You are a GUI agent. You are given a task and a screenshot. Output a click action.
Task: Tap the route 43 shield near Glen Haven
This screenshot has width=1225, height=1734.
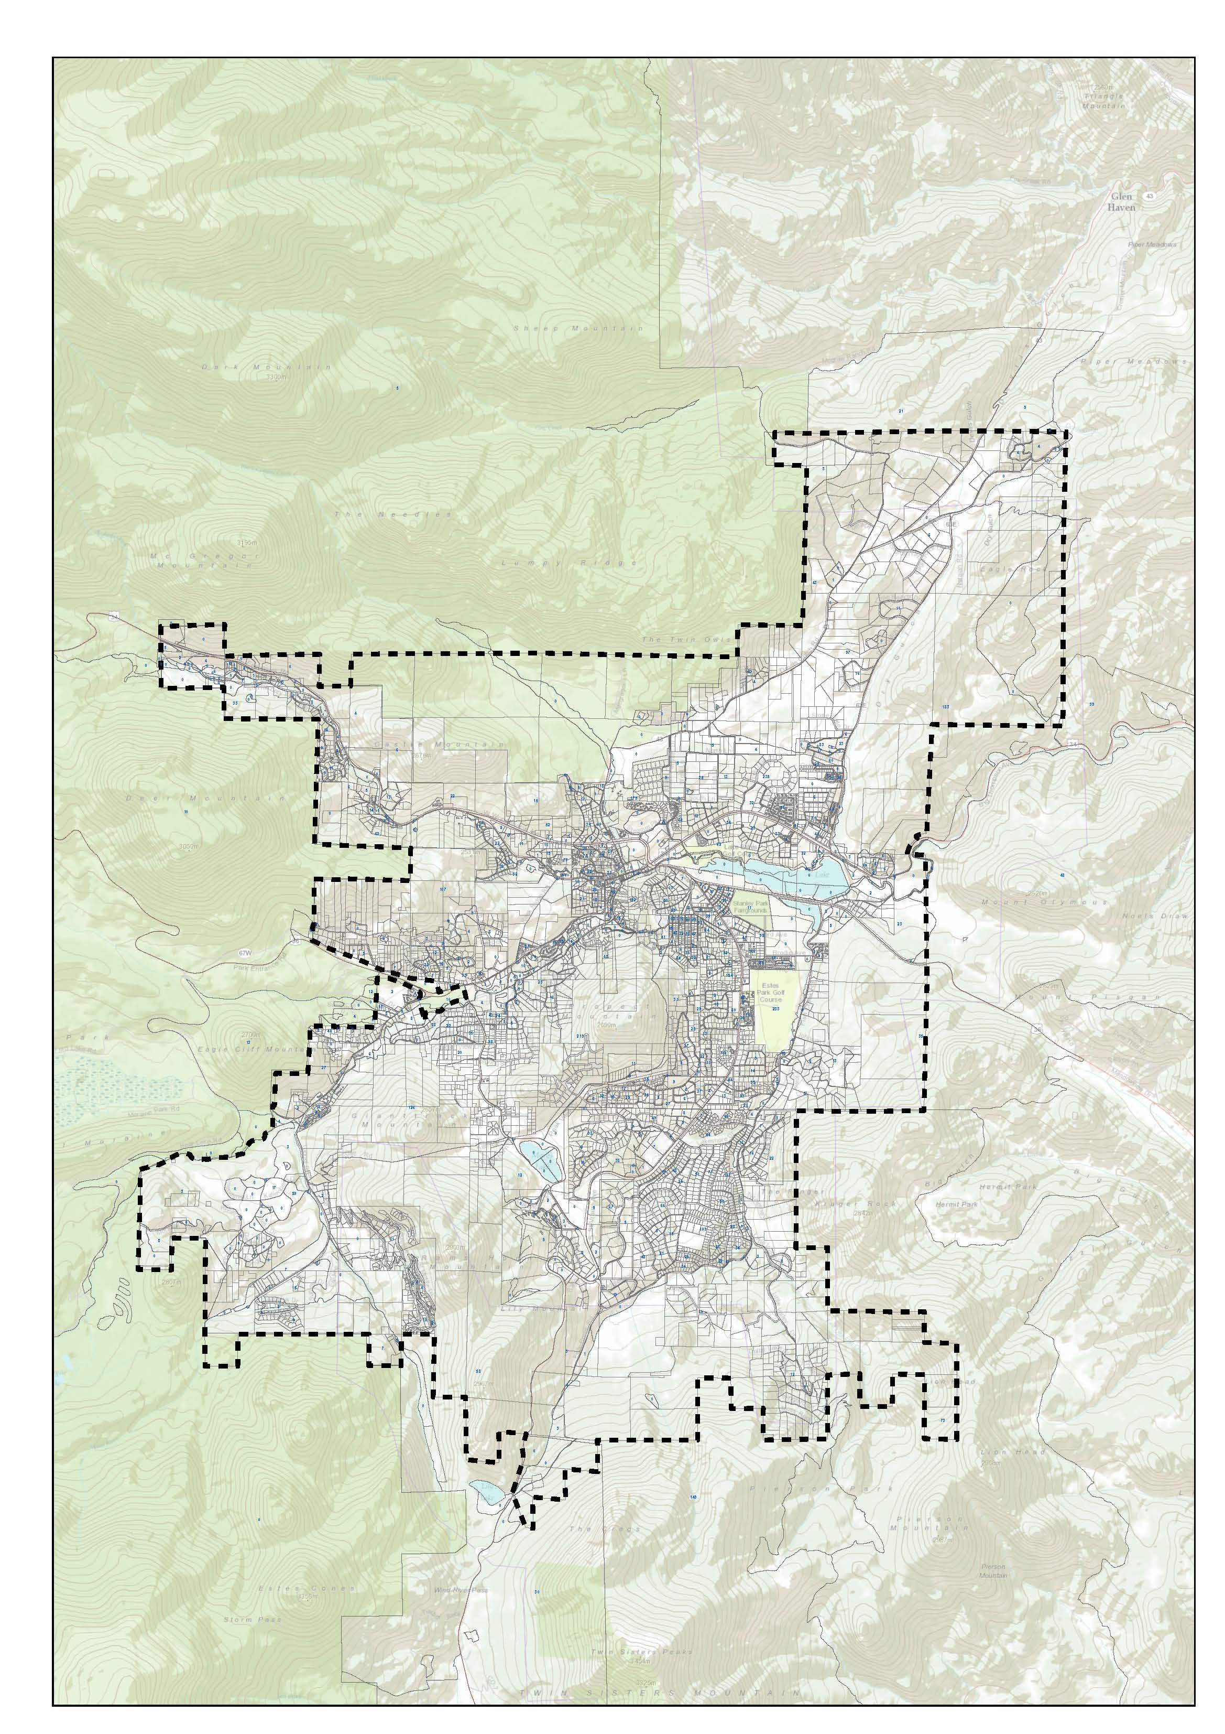pos(1149,196)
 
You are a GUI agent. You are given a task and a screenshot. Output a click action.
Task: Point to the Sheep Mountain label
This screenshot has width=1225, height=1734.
pos(579,329)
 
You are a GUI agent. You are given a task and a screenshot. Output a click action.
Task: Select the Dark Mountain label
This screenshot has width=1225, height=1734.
pos(267,367)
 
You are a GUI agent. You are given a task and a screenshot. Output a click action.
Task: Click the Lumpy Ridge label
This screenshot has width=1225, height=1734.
pos(570,563)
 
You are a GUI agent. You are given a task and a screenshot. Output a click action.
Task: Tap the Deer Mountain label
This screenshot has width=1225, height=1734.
pos(206,798)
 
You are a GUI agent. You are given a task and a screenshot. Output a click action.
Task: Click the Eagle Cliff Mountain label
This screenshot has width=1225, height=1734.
pos(251,1050)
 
